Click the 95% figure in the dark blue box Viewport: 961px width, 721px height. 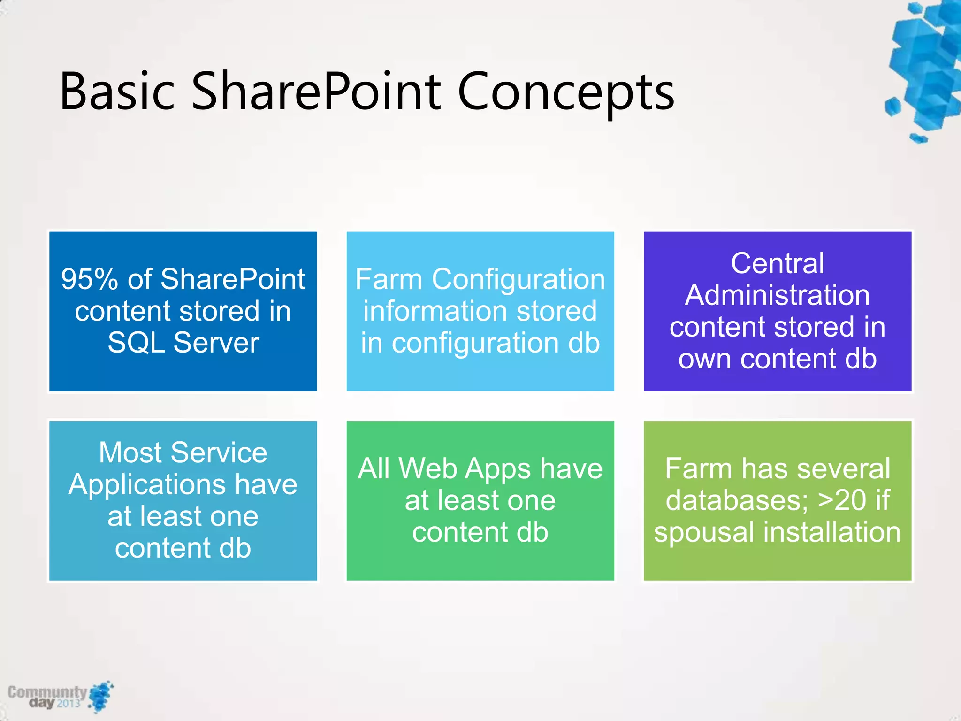tap(90, 280)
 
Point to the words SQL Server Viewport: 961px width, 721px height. tap(183, 343)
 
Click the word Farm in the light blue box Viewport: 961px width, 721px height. tap(389, 280)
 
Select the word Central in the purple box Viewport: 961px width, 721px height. tap(778, 263)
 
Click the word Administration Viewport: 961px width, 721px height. tap(778, 295)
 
